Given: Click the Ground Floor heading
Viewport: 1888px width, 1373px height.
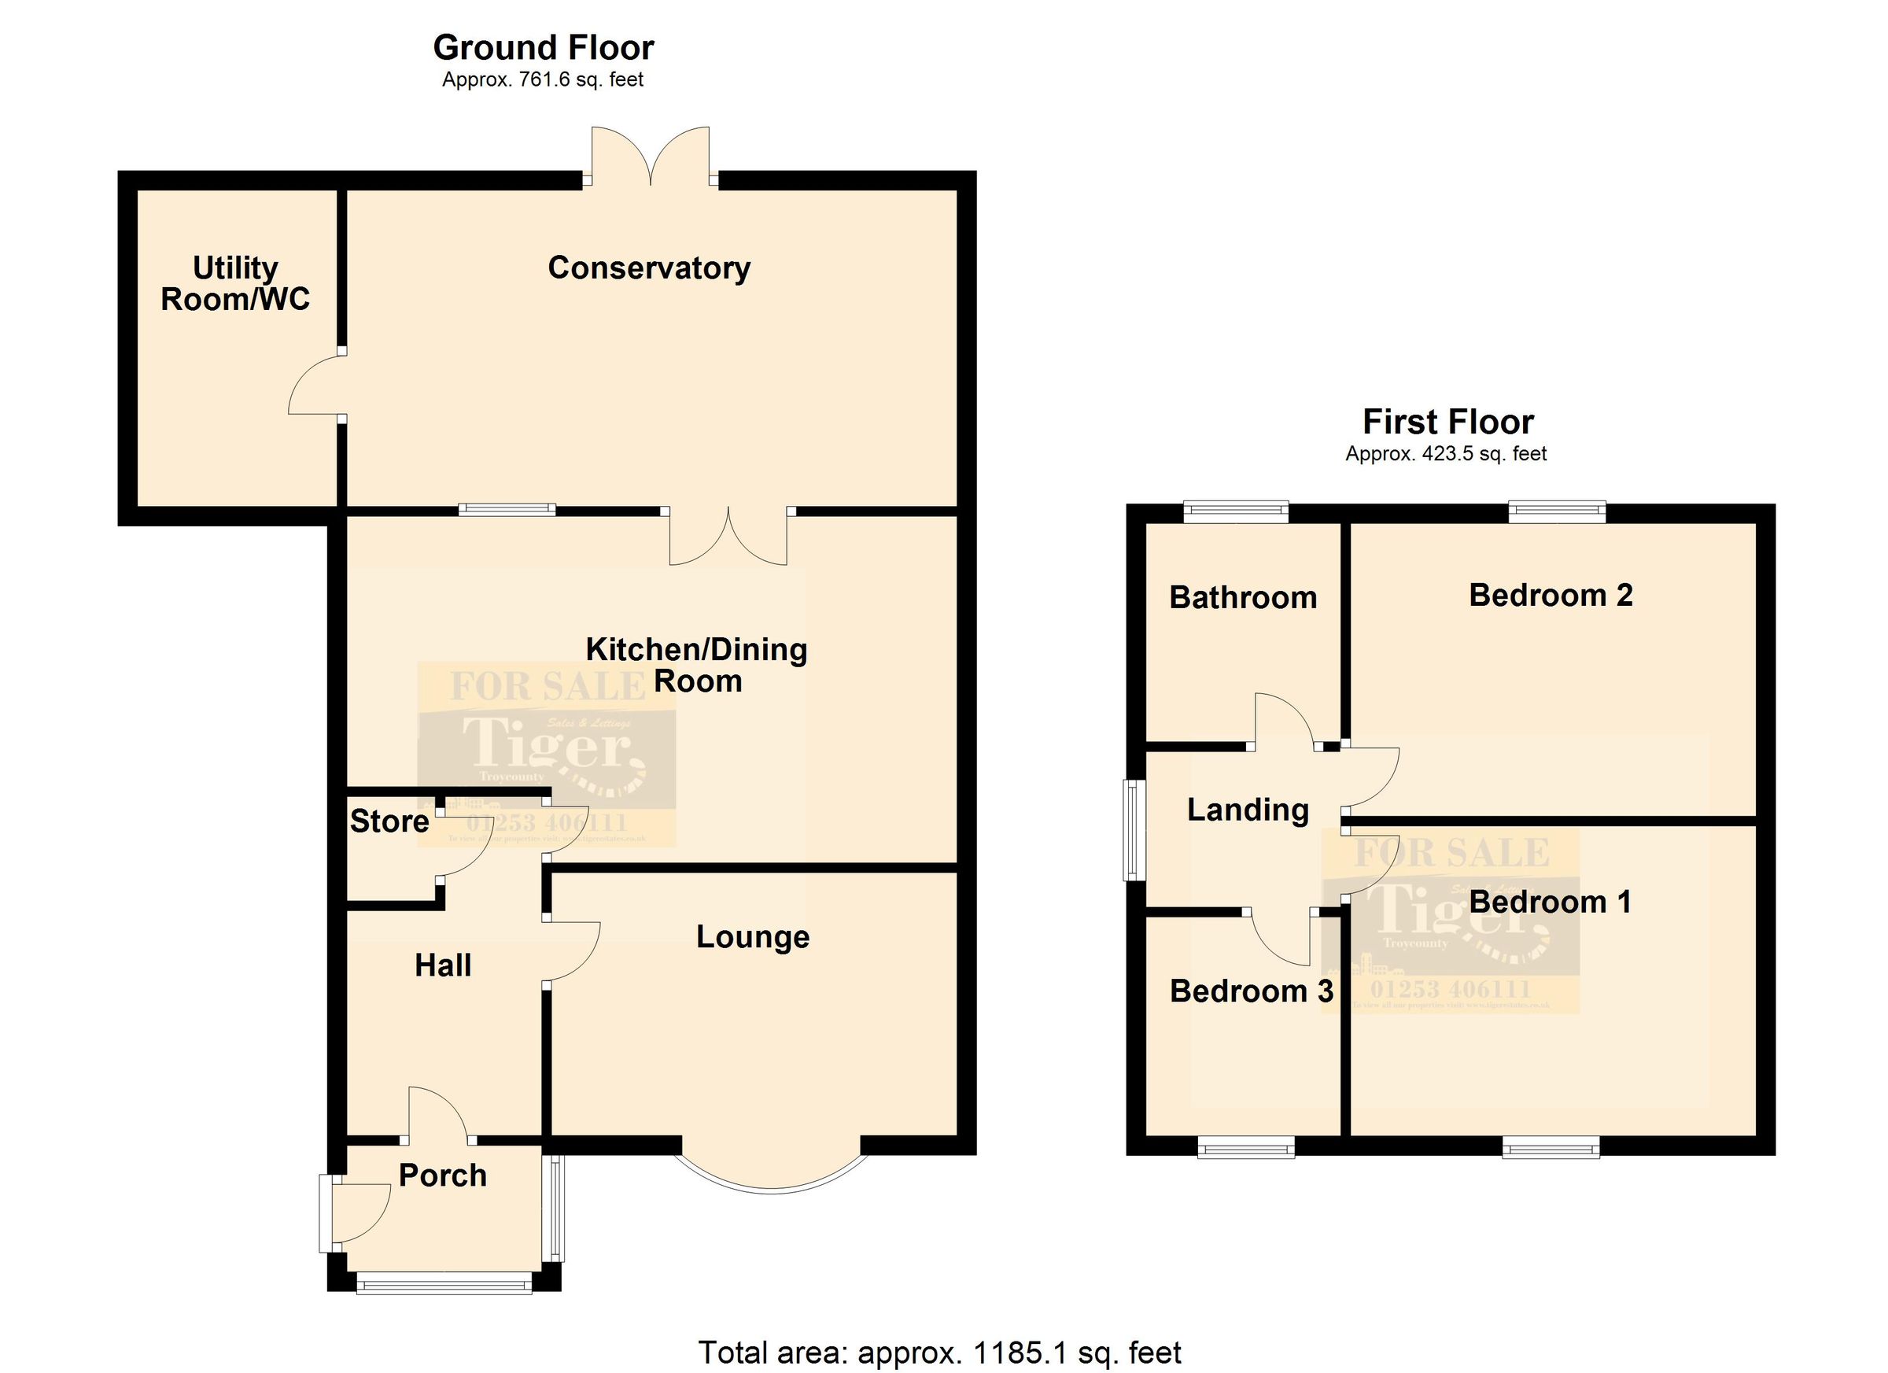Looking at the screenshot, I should coord(543,48).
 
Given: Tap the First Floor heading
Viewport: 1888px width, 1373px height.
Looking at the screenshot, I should coord(1447,423).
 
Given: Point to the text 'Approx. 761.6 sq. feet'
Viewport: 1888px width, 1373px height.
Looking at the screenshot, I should coord(543,80).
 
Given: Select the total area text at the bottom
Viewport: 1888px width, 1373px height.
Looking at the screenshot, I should coord(940,1353).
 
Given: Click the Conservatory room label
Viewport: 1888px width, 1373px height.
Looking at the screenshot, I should coord(648,268).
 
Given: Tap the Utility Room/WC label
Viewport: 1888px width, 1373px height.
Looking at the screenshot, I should coord(234,284).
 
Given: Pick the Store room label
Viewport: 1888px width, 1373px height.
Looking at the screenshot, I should coord(389,821).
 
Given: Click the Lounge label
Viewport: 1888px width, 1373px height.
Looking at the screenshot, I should coord(753,938).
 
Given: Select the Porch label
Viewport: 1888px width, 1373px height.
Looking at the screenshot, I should coord(442,1176).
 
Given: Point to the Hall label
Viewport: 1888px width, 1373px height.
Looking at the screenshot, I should coord(443,966).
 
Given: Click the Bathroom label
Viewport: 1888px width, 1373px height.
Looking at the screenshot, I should coord(1243,598).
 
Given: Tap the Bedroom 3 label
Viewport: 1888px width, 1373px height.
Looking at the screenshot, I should coord(1251,991).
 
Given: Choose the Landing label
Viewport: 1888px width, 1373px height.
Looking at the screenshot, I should coord(1248,810).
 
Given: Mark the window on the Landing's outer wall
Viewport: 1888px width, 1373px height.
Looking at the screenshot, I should coord(1132,829).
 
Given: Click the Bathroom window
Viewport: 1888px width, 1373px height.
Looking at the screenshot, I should coord(1236,511).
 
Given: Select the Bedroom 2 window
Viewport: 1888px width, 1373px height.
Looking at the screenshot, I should coord(1557,511).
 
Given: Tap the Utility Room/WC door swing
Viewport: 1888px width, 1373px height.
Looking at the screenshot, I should coord(315,385).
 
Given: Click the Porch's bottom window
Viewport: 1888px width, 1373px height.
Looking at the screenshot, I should coord(444,1285).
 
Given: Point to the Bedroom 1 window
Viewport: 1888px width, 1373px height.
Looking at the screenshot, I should coord(1551,1149).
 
